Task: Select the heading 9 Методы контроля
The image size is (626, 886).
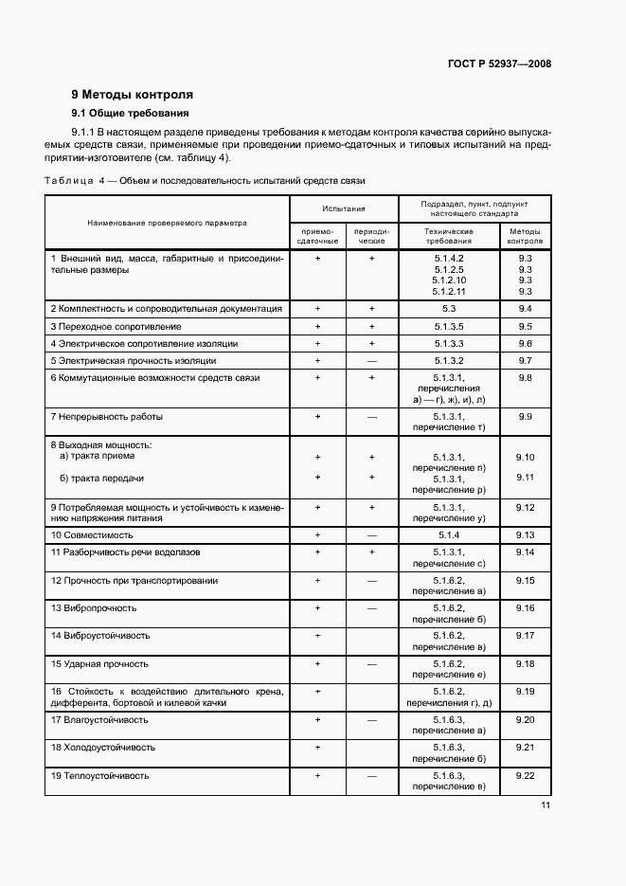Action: [133, 95]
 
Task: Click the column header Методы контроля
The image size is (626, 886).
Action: [527, 235]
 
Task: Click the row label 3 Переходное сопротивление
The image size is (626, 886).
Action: [116, 326]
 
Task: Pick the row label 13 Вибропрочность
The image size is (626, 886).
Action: [94, 607]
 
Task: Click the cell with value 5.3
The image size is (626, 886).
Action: [449, 309]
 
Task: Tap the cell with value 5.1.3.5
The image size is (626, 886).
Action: [449, 326]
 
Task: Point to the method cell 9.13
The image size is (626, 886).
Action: [527, 534]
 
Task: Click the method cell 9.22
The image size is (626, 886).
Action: [527, 776]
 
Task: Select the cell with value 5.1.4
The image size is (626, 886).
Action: [449, 534]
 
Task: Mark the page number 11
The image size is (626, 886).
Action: [546, 806]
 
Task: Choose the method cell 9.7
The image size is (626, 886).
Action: [527, 360]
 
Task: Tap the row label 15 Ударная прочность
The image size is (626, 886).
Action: [99, 663]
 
